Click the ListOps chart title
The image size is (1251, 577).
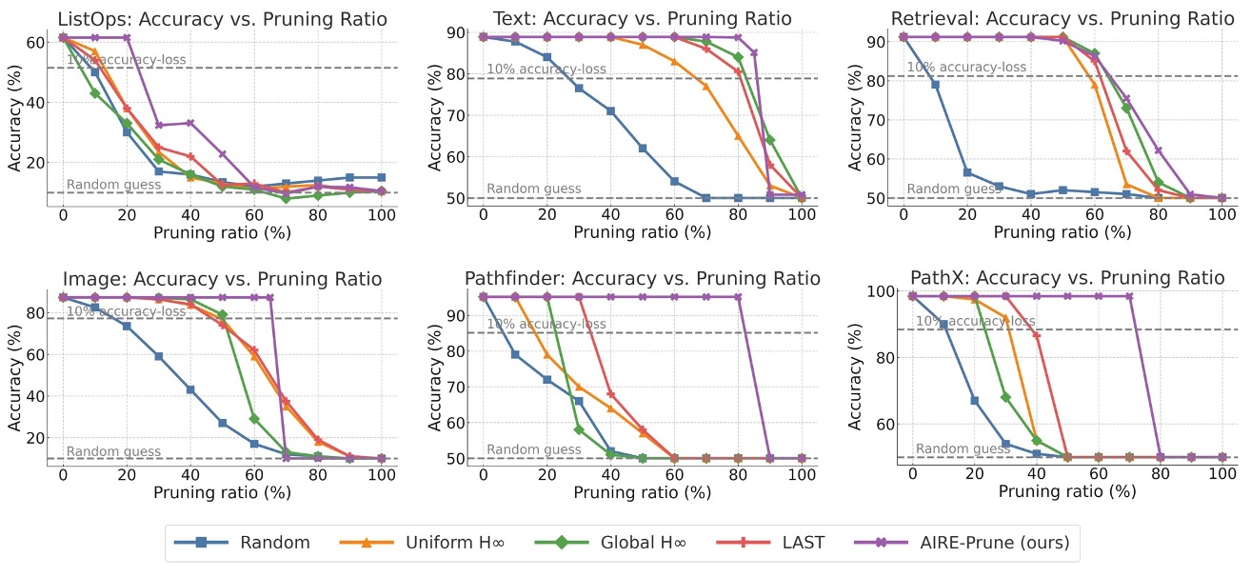click(222, 19)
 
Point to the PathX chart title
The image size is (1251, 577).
click(1066, 278)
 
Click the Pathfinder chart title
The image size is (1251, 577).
click(642, 278)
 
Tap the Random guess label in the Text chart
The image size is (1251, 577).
click(533, 189)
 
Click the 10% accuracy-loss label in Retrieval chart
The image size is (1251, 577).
click(966, 68)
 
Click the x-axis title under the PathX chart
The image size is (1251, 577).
click(1066, 491)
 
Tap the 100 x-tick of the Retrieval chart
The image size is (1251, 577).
click(1222, 214)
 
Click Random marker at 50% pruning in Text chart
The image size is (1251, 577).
click(643, 149)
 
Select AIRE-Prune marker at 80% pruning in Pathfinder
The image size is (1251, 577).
click(738, 297)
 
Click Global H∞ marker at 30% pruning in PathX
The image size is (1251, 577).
click(1005, 397)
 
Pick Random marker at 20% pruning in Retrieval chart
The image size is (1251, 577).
click(966, 172)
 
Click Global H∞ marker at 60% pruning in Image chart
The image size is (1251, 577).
click(254, 418)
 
